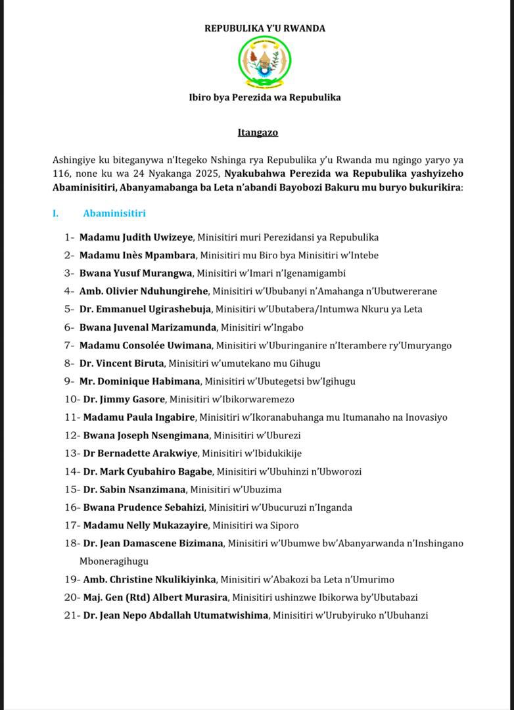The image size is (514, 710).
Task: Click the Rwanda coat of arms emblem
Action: tap(264, 62)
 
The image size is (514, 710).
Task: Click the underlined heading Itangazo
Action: tap(258, 133)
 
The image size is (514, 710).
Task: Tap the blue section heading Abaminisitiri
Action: tap(114, 214)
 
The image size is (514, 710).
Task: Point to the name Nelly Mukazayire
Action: tap(166, 525)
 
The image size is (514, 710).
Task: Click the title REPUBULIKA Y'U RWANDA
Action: tap(264, 28)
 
